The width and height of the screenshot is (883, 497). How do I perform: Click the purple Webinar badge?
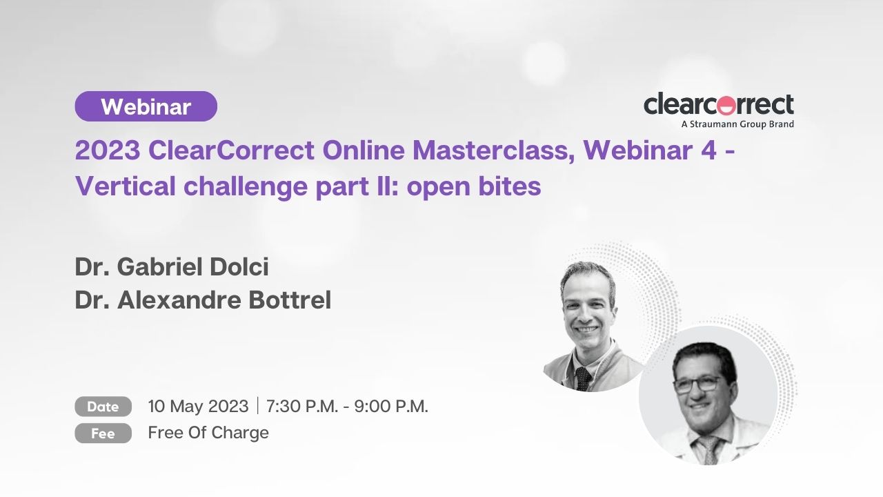(x=146, y=106)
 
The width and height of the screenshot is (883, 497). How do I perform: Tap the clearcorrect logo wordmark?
(x=719, y=104)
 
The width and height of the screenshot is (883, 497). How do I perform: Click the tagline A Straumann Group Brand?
(x=737, y=124)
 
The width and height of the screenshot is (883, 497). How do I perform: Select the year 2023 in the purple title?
(x=108, y=150)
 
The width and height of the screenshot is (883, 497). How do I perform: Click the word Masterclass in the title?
(x=493, y=150)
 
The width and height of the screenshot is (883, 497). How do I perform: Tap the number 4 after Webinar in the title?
(x=708, y=150)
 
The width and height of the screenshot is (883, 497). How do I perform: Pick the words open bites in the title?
(x=474, y=186)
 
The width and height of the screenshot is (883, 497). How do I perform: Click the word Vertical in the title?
(x=126, y=186)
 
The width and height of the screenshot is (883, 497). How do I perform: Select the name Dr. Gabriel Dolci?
(x=172, y=266)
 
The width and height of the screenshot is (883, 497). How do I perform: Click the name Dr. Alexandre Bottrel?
(x=203, y=300)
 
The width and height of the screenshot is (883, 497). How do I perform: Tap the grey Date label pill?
(x=103, y=407)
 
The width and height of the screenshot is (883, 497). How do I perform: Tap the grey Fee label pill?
(x=103, y=433)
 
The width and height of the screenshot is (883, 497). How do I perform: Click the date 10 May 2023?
(x=198, y=407)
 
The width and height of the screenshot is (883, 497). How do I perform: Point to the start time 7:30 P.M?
(x=302, y=406)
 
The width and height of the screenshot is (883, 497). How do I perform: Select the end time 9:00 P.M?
(x=391, y=406)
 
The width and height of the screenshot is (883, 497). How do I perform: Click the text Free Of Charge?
(x=208, y=432)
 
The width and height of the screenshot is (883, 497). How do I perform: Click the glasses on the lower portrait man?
(x=697, y=384)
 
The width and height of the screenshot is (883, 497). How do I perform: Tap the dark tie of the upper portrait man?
(x=583, y=378)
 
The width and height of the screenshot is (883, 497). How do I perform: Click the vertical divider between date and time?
(x=257, y=406)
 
